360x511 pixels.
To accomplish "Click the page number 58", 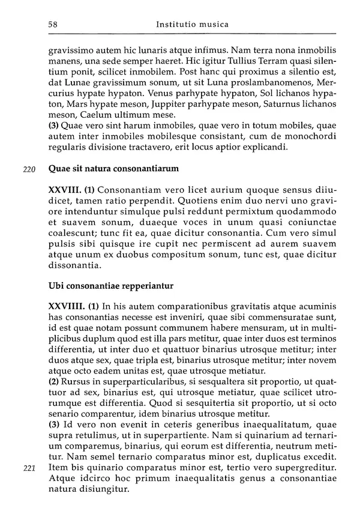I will pyautogui.click(x=52, y=25).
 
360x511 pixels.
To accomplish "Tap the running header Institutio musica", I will pyautogui.click(x=191, y=25).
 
